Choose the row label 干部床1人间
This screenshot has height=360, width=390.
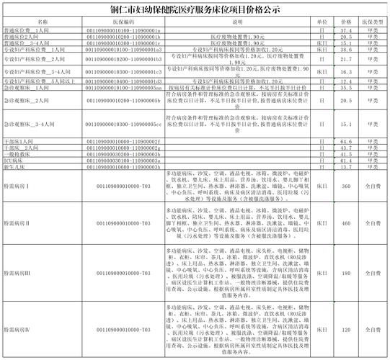coord(19,143)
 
